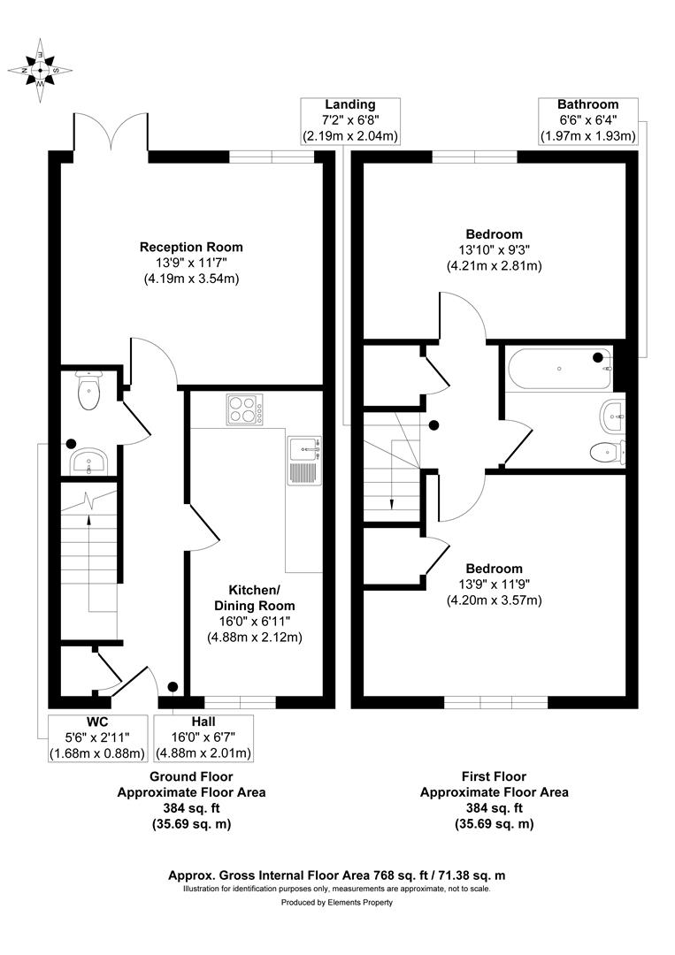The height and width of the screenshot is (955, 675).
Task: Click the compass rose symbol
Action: [x=40, y=70]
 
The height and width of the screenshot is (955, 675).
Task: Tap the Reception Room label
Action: [x=191, y=247]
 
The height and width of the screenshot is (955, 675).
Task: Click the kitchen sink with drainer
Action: [x=304, y=461]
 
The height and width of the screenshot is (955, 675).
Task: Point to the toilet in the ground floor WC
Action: [x=89, y=391]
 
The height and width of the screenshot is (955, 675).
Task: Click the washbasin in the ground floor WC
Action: [x=89, y=462]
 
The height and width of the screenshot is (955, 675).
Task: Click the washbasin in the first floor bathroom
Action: [x=613, y=416]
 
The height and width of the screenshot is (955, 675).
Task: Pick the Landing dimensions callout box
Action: [x=350, y=121]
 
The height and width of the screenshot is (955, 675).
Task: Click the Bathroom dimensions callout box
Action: [x=588, y=121]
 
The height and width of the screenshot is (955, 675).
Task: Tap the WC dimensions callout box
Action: [x=97, y=737]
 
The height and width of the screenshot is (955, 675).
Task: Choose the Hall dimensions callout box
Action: [x=203, y=737]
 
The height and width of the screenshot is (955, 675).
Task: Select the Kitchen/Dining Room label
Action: [x=254, y=598]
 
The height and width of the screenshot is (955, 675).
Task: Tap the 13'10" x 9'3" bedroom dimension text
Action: [x=494, y=249]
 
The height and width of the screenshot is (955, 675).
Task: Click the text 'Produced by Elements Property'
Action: [x=337, y=903]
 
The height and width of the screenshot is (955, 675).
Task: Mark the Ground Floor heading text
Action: [x=191, y=776]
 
